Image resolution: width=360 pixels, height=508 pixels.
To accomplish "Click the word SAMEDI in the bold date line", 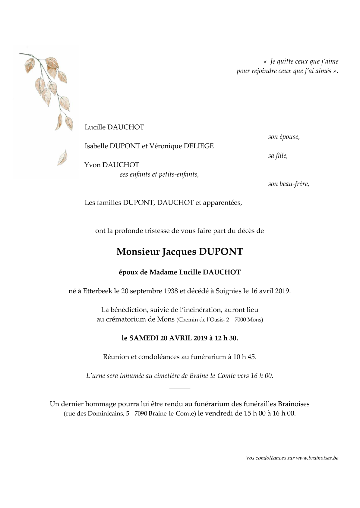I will click(x=144, y=338).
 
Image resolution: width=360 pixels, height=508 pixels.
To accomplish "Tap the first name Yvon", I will click(x=92, y=165).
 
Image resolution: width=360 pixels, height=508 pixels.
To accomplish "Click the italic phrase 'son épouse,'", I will click(x=284, y=137).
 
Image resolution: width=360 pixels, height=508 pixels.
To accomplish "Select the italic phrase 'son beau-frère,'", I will click(x=289, y=184).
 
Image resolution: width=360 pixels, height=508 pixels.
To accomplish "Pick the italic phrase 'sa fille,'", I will click(x=278, y=156).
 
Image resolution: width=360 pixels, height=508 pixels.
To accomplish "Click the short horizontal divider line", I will click(x=180, y=387).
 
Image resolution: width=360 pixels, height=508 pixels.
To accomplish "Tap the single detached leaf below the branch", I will click(x=62, y=158).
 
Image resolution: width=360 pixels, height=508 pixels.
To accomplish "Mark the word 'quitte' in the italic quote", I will click(x=286, y=61).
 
